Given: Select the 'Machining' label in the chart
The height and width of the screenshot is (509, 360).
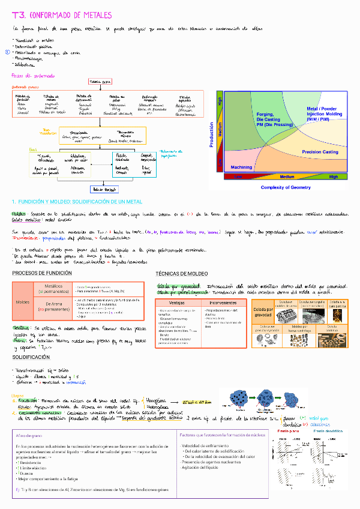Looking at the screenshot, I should coord(241,167).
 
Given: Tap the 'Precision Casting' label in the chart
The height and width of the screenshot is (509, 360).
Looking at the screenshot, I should coord(320,152).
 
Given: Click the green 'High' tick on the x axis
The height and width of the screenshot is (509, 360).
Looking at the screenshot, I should coord(334,177).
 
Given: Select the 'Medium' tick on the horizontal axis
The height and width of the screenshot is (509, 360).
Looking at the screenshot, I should coord(287,177).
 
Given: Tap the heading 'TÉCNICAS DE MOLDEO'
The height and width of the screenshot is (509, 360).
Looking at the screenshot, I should coord(181,273).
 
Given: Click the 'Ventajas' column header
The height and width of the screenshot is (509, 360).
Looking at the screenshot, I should coord(178,303).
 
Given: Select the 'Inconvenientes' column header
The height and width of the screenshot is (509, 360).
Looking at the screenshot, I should coord(224,303).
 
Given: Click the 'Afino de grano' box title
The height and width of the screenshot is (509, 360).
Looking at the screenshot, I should coord(30,435).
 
